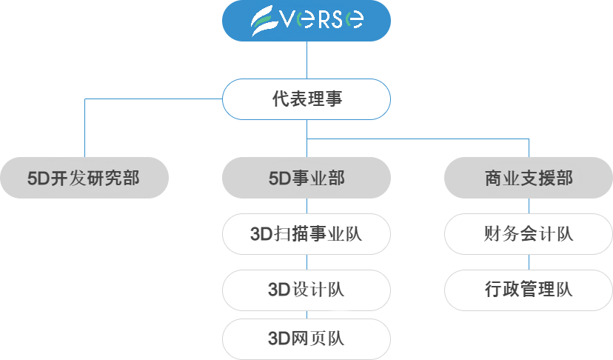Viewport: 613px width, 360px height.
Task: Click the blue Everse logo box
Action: [306, 20]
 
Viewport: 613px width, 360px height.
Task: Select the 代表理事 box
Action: [306, 99]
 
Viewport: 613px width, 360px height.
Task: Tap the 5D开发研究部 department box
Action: [84, 178]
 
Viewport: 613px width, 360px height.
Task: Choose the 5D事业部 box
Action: [306, 178]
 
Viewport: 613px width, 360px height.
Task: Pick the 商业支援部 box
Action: [529, 178]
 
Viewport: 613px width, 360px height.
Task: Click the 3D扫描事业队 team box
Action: [306, 234]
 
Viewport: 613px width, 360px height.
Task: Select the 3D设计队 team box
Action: [306, 290]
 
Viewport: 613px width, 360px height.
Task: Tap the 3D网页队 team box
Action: [306, 339]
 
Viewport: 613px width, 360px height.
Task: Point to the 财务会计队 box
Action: [529, 234]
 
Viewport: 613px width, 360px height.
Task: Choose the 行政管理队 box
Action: [529, 290]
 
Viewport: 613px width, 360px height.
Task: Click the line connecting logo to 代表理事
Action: [306, 60]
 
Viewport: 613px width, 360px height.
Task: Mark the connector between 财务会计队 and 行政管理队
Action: [529, 262]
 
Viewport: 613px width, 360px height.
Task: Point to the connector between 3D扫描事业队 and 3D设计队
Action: [306, 262]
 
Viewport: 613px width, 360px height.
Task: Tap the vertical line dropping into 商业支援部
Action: [529, 147]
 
